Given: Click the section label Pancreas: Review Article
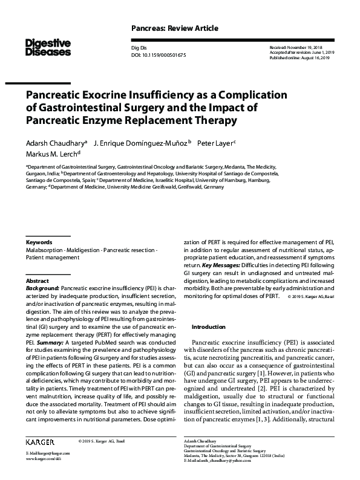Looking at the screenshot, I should [174, 28].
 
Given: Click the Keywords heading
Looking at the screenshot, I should [39, 241].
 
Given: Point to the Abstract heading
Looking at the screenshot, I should [38, 282].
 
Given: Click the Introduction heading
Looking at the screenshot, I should [208, 326].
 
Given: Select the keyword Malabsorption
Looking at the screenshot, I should [45, 250].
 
